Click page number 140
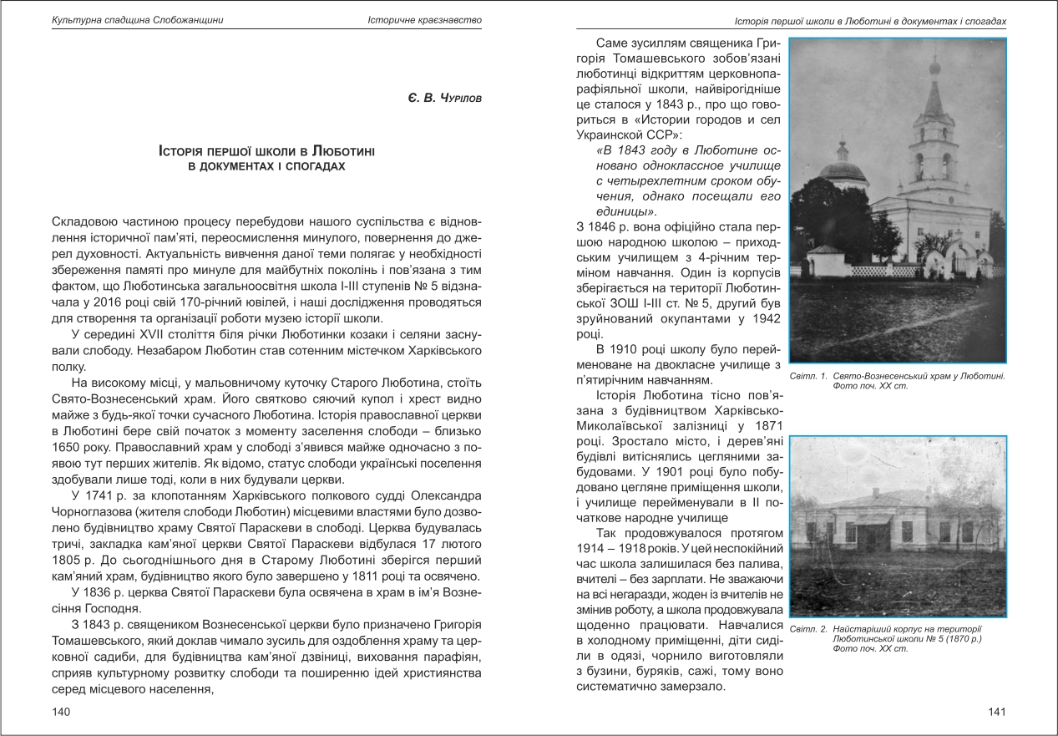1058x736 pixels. pyautogui.click(x=59, y=712)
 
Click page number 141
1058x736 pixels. pyautogui.click(x=996, y=712)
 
